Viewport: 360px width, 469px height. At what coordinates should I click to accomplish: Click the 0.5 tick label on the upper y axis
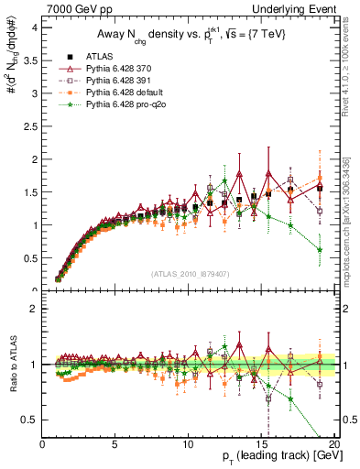pos(31,257)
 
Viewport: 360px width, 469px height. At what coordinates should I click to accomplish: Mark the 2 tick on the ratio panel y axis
pos(36,309)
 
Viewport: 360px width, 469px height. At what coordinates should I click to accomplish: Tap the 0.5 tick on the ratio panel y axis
pos(31,420)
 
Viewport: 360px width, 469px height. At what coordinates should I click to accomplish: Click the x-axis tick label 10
pos(189,445)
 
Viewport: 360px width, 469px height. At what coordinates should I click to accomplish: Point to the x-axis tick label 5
pos(116,445)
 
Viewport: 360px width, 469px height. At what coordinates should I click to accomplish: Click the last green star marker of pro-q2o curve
pos(319,249)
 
